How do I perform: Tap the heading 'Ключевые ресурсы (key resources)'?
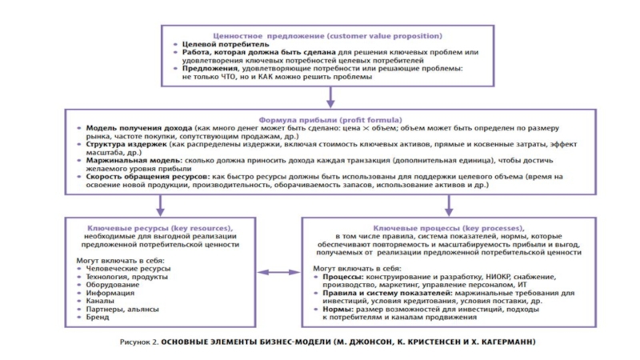pos(158,227)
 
